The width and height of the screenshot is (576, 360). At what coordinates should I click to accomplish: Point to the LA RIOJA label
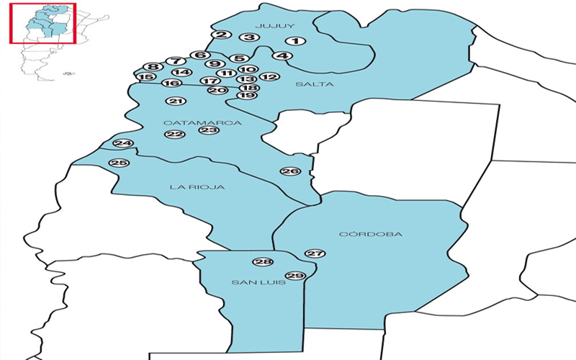197,187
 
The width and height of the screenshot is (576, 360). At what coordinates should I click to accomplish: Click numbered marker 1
295,42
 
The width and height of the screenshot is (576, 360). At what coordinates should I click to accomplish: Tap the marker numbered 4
283,56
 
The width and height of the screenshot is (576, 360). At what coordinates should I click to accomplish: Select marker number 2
222,35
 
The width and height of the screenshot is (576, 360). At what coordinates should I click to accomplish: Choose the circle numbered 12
269,76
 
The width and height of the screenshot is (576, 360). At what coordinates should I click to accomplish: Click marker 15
145,77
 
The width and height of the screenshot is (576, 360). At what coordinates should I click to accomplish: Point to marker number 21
177,102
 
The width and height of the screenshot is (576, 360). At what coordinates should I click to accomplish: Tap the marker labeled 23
209,130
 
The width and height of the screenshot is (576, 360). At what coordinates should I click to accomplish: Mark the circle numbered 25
119,163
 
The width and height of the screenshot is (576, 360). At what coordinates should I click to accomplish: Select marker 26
290,171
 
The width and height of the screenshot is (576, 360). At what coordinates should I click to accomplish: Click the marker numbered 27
315,253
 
